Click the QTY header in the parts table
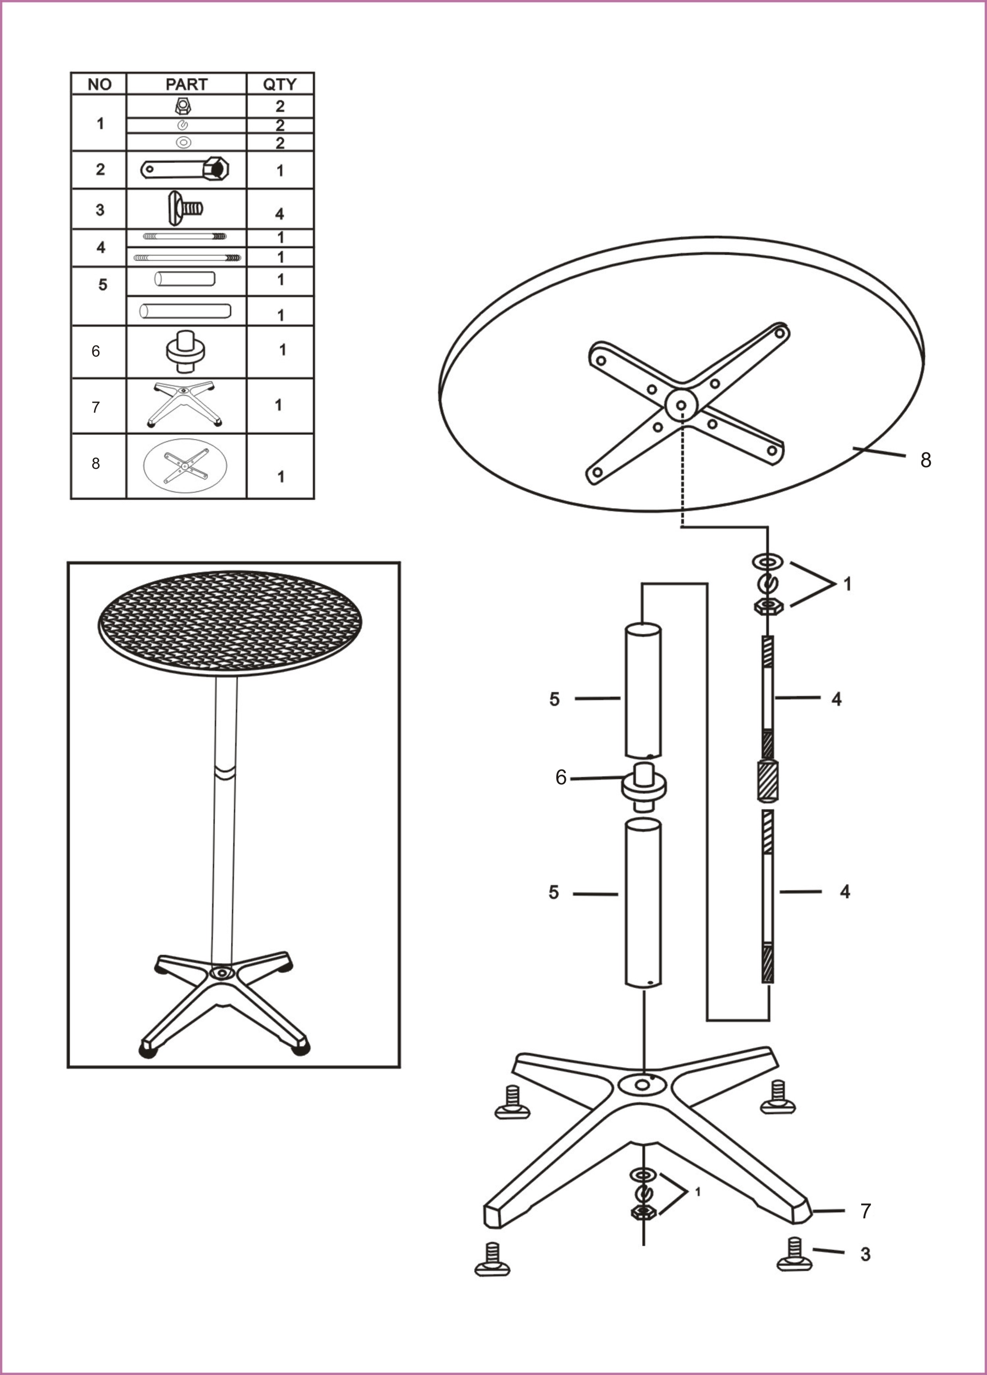279,84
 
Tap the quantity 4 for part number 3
279,214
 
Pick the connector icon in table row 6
186,351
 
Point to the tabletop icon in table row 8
185,466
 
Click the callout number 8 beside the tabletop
925,460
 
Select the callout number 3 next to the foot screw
866,1254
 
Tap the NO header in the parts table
100,84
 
